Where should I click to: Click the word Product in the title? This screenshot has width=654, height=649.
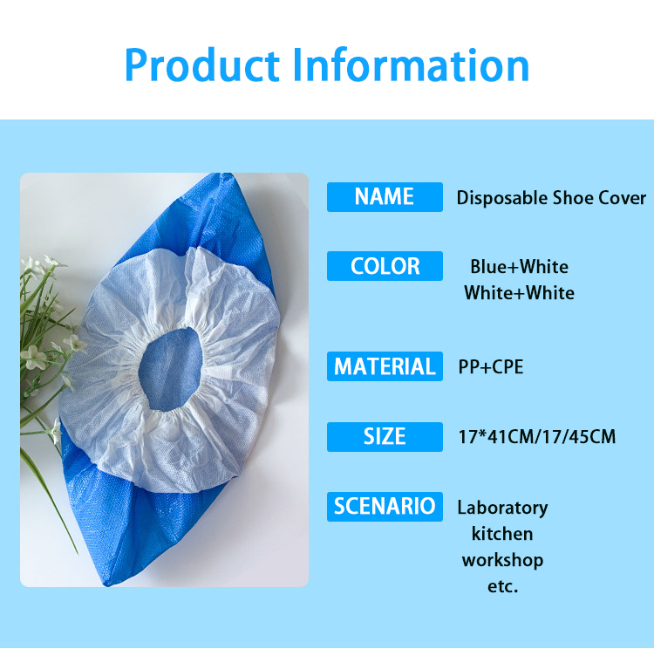click(202, 65)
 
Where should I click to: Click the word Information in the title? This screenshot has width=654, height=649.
click(412, 65)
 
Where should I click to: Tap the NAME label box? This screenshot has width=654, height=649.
click(385, 197)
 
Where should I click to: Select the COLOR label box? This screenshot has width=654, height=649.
click(385, 266)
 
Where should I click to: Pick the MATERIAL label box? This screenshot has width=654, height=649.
click(385, 366)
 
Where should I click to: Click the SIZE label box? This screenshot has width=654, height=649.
click(385, 437)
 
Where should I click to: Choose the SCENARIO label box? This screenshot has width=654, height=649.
click(385, 507)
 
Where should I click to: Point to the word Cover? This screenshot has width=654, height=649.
click(623, 197)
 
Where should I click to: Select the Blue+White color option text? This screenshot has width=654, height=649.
click(520, 267)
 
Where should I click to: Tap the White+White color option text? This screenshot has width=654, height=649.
click(520, 293)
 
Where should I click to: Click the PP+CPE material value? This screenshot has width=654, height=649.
click(490, 367)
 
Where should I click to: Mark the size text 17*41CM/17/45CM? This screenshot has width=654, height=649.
click(537, 437)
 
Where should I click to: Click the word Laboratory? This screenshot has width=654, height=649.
click(502, 509)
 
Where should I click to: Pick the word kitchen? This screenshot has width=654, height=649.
click(502, 534)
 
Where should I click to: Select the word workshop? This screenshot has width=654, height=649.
click(502, 561)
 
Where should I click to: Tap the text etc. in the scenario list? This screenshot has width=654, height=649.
click(502, 587)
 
